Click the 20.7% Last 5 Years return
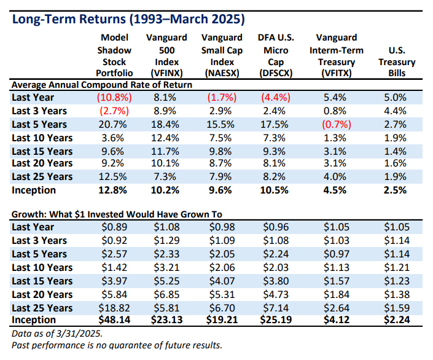click(x=112, y=123)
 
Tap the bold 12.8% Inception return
click(x=112, y=190)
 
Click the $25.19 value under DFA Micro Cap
click(x=276, y=320)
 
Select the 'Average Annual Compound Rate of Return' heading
click(x=102, y=85)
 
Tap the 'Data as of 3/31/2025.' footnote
click(x=55, y=332)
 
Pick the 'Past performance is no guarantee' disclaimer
click(x=117, y=345)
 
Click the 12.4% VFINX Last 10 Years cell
click(x=166, y=137)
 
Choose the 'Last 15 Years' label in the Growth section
click(x=42, y=281)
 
